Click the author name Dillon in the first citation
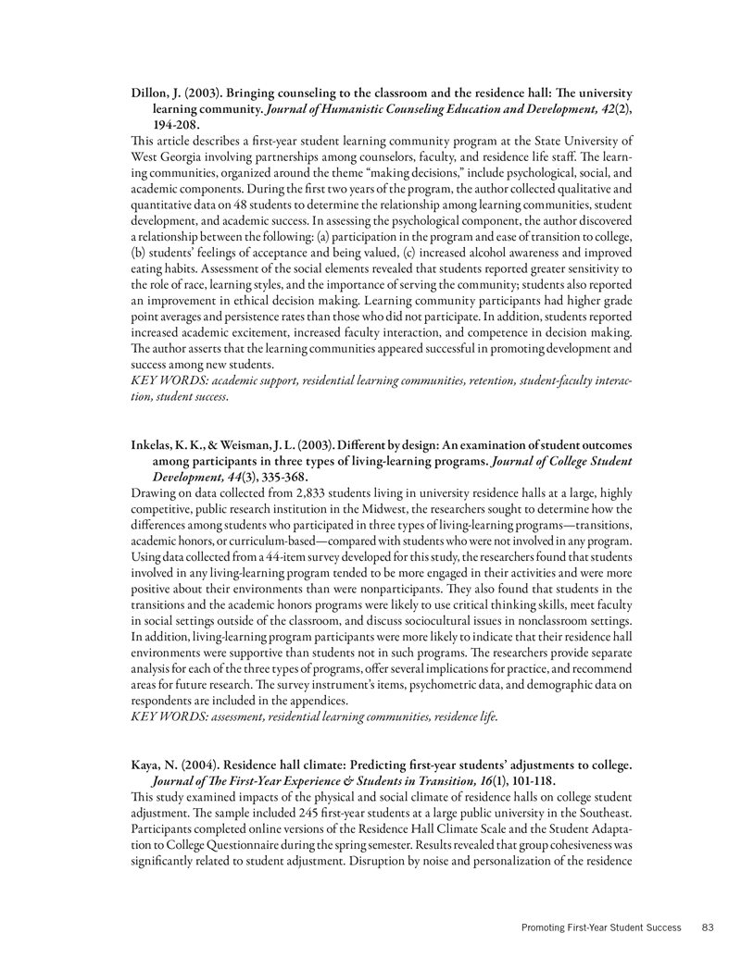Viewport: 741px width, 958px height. click(x=152, y=94)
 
